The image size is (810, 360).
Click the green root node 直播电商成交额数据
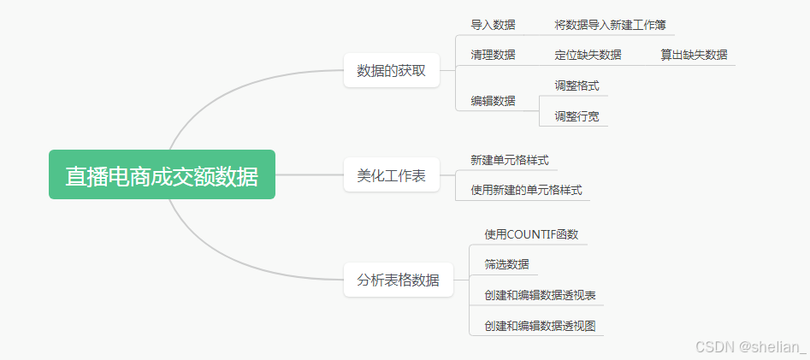tap(162, 175)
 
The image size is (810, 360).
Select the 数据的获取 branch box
tap(391, 71)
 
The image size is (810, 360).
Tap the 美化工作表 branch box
tap(391, 175)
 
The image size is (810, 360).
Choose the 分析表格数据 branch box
tap(398, 280)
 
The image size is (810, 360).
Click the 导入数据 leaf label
tap(493, 25)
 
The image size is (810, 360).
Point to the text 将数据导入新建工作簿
tap(610, 25)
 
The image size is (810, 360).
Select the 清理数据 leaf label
tap(493, 55)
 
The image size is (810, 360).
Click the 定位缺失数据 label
tap(588, 55)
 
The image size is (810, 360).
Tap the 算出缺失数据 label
tap(694, 55)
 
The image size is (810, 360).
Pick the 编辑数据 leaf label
tap(493, 100)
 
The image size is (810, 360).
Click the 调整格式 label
tap(576, 86)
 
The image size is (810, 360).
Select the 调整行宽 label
tap(576, 115)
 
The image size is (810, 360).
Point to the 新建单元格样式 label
tap(510, 160)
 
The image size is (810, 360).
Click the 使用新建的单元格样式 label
tap(526, 190)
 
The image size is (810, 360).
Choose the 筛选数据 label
tap(506, 264)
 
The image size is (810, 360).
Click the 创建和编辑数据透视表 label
tap(540, 295)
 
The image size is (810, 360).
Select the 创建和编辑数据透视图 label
tap(540, 326)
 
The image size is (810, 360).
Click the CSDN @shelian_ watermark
tap(750, 346)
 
